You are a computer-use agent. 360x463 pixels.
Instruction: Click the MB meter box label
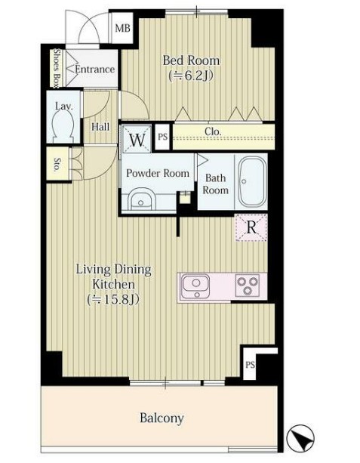pyautogui.click(x=122, y=28)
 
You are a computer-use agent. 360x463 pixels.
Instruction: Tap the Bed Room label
pyautogui.click(x=191, y=60)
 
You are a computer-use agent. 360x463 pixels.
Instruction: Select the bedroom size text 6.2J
pyautogui.click(x=191, y=76)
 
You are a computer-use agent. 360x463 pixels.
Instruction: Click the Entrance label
pyautogui.click(x=94, y=69)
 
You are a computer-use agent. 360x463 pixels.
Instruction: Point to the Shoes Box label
pyautogui.click(x=57, y=69)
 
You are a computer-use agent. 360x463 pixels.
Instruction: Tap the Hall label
pyautogui.click(x=100, y=127)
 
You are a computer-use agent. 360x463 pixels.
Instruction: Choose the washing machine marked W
pyautogui.click(x=137, y=140)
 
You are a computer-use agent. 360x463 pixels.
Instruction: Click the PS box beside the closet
pyautogui.click(x=162, y=137)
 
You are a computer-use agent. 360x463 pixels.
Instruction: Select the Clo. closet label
pyautogui.click(x=213, y=131)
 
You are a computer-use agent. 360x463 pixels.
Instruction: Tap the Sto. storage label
pyautogui.click(x=57, y=165)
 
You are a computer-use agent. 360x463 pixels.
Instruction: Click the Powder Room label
pyautogui.click(x=158, y=173)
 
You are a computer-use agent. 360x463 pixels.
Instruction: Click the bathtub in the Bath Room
pyautogui.click(x=251, y=181)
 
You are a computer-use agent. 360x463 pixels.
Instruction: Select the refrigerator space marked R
pyautogui.click(x=251, y=227)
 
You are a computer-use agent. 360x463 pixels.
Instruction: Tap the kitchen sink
pyautogui.click(x=196, y=286)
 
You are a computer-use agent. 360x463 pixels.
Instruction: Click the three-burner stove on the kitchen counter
pyautogui.click(x=248, y=286)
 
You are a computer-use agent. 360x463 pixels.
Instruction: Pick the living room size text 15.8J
pyautogui.click(x=113, y=300)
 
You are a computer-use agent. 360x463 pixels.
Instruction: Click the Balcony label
pyautogui.click(x=162, y=418)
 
